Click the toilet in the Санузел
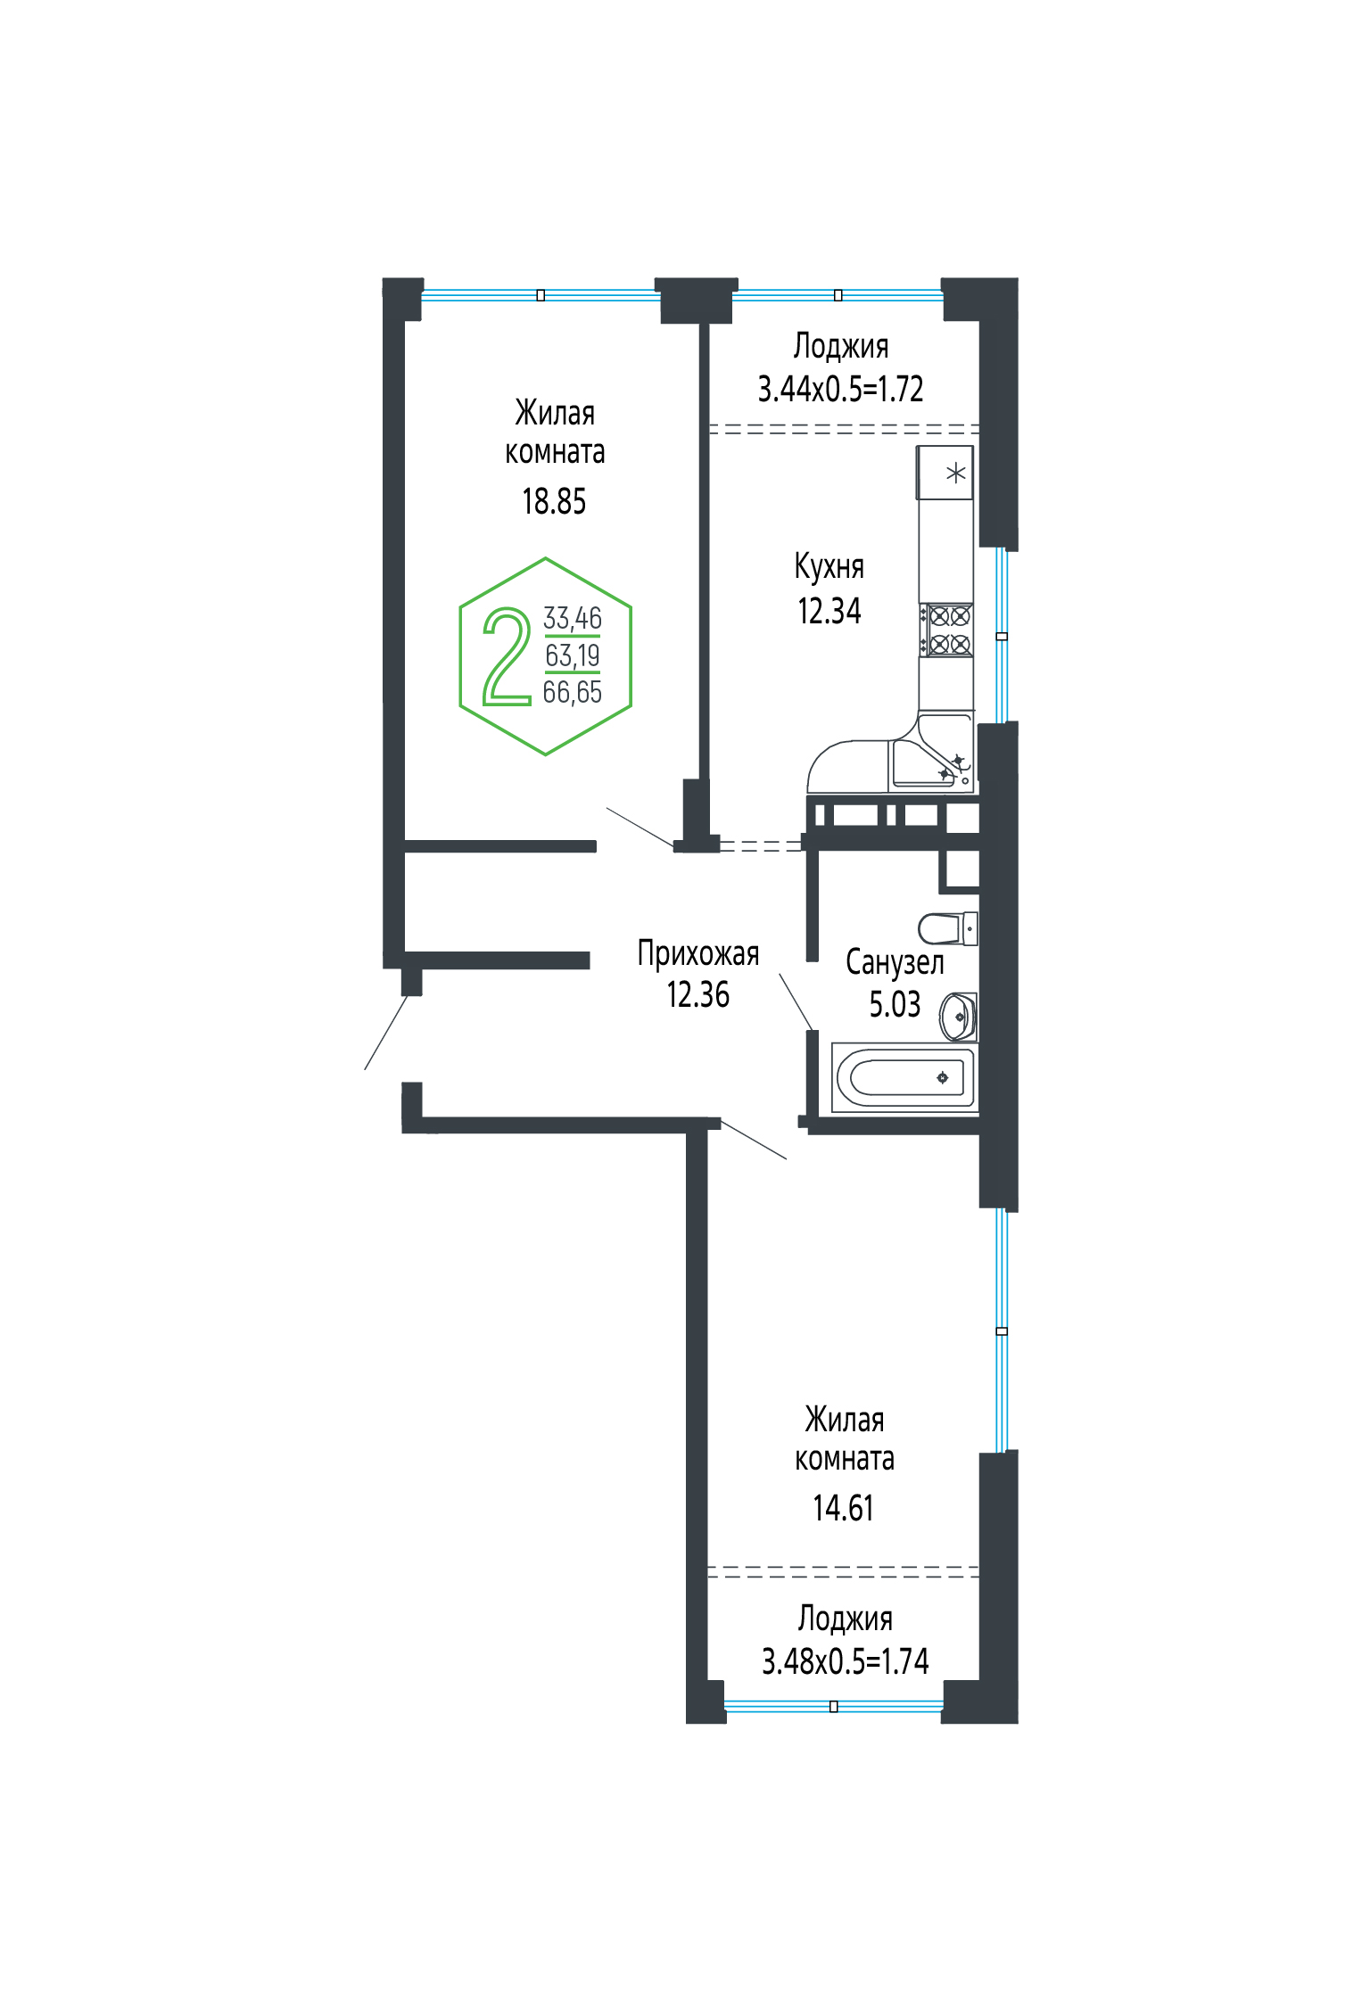tap(947, 927)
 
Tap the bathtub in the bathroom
tap(904, 1077)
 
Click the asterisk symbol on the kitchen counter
tap(955, 473)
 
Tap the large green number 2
tap(507, 657)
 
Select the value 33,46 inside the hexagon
tap(573, 617)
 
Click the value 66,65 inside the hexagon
tap(573, 692)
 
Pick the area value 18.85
tap(554, 501)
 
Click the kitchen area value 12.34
tap(829, 611)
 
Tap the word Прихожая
tap(698, 954)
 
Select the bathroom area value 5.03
tap(895, 1004)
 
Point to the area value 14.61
tap(844, 1508)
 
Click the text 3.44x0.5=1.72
tap(841, 389)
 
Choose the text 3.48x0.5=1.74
tap(846, 1661)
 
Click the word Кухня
tap(829, 567)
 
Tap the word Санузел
tap(895, 962)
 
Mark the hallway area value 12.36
tap(698, 994)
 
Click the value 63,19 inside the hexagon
tap(573, 655)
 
